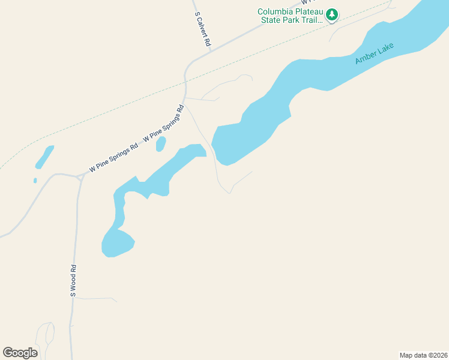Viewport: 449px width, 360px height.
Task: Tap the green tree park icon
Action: point(332,15)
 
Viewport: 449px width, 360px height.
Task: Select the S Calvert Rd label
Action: point(202,29)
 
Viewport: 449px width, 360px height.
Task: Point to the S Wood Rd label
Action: point(73,281)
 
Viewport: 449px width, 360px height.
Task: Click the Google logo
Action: point(20,352)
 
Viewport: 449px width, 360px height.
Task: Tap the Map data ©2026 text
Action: point(423,355)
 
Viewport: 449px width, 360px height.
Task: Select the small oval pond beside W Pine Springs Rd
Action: point(160,144)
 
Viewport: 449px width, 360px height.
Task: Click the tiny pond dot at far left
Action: point(35,180)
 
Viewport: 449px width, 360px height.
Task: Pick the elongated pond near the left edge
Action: point(44,157)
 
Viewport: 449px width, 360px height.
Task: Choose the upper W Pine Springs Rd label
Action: point(163,125)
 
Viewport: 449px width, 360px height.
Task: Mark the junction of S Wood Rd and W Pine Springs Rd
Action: point(79,177)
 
